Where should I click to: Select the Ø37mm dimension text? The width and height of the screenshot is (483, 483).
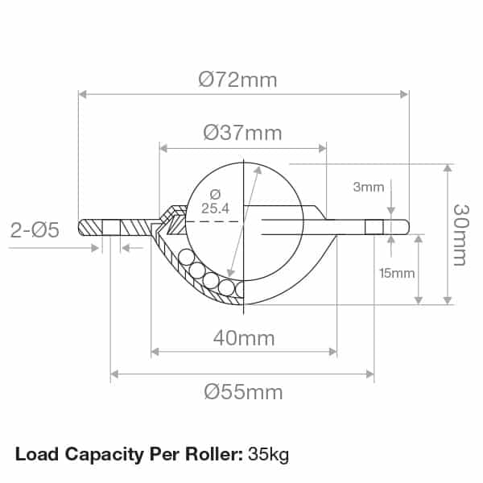click(x=242, y=133)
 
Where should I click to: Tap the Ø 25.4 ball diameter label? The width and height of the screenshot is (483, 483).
click(x=215, y=201)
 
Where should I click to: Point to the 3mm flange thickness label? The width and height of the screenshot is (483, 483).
click(x=369, y=188)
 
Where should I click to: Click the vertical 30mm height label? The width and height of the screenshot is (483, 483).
click(x=460, y=233)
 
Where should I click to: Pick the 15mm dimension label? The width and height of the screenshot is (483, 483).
click(x=396, y=273)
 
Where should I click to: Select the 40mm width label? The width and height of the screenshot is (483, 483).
click(x=243, y=338)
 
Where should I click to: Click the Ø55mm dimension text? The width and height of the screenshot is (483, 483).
click(x=243, y=392)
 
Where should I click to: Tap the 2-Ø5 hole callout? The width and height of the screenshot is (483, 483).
click(x=35, y=231)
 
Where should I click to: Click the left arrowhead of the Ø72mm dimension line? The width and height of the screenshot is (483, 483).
click(x=82, y=94)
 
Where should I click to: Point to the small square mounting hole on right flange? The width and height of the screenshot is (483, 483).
click(x=374, y=227)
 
